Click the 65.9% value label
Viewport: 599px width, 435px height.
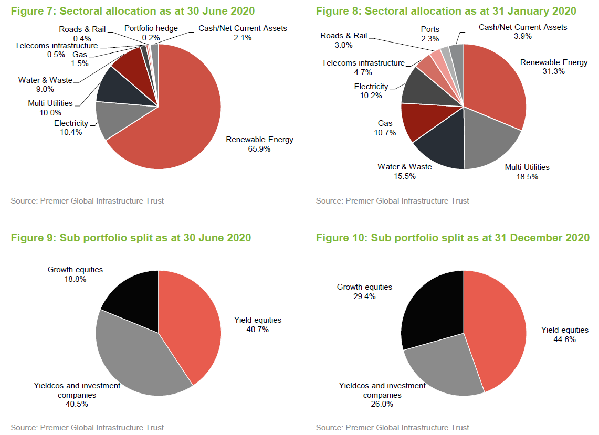tap(259, 149)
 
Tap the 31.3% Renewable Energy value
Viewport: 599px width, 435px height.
tap(554, 71)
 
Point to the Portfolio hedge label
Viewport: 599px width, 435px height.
tap(151, 28)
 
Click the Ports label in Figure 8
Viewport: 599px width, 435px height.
tap(430, 29)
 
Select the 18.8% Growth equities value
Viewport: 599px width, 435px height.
tap(76, 279)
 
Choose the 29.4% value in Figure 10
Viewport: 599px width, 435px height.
tap(365, 296)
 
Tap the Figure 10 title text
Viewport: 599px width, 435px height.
tap(453, 238)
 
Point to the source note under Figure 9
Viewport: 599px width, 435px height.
tap(87, 427)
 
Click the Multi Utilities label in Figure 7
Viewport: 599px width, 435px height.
tap(50, 103)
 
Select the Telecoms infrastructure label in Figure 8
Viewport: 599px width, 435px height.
tap(363, 63)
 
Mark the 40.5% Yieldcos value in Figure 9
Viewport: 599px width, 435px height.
tap(77, 404)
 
